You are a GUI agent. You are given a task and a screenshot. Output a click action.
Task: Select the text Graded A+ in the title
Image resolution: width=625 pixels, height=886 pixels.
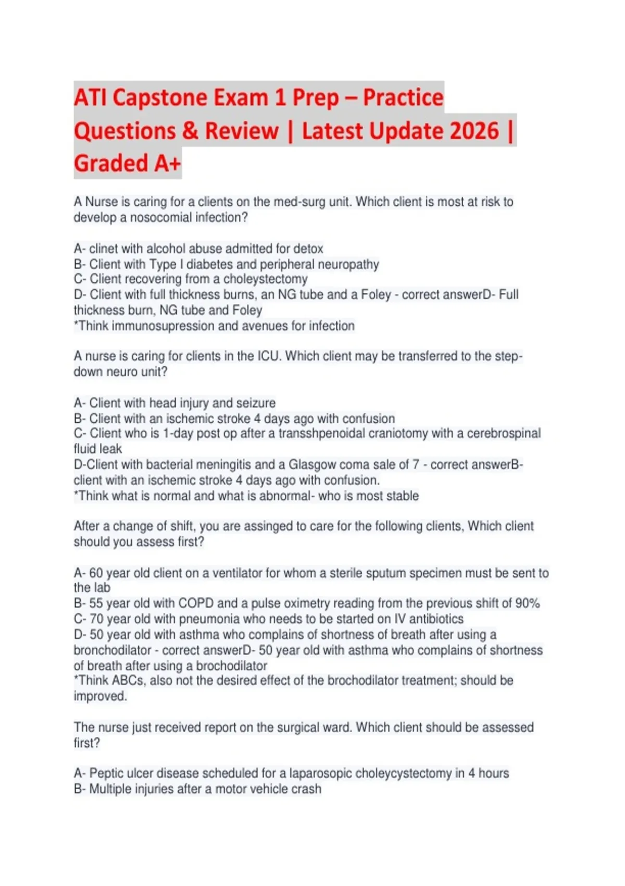coord(127,163)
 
